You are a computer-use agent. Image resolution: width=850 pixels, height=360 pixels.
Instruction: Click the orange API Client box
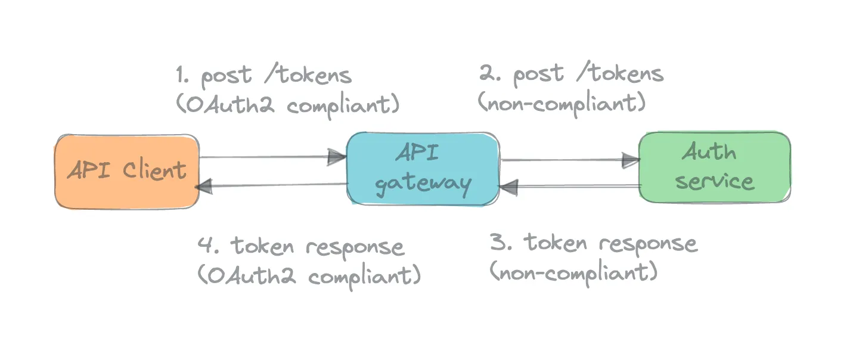click(127, 171)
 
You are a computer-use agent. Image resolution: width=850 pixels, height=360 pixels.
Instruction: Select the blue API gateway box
click(423, 169)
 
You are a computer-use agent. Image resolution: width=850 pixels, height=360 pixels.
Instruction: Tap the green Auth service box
click(715, 167)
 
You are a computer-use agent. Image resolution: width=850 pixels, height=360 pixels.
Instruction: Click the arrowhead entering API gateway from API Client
click(337, 157)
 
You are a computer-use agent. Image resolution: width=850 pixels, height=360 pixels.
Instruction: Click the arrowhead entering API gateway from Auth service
click(508, 187)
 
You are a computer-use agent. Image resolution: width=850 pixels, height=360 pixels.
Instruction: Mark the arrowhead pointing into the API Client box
click(204, 187)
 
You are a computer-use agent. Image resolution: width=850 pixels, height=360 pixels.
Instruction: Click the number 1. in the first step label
click(182, 75)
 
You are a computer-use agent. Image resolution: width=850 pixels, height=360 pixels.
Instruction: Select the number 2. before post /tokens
click(489, 73)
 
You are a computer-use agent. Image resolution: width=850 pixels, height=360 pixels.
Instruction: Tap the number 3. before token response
click(501, 242)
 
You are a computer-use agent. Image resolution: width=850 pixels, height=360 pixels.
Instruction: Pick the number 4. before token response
click(208, 245)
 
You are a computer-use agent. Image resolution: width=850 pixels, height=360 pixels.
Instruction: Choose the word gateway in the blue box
click(423, 185)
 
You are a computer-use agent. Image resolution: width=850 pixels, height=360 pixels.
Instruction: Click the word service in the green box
click(715, 181)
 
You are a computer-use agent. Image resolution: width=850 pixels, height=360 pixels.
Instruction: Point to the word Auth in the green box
click(709, 151)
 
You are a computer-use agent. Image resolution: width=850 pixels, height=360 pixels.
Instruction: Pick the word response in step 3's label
click(648, 244)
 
